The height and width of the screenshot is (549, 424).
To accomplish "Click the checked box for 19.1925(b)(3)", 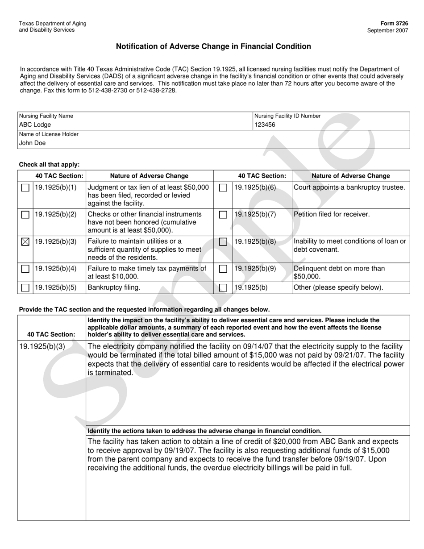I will pyautogui.click(x=25, y=241).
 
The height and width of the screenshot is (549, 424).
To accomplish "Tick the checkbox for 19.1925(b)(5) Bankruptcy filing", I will pyautogui.click(x=25, y=287).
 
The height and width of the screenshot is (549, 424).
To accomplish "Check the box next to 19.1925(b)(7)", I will pyautogui.click(x=223, y=215).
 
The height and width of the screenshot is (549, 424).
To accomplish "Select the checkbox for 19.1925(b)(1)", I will pyautogui.click(x=25, y=188).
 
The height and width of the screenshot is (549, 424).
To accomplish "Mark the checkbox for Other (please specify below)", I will pyautogui.click(x=223, y=287).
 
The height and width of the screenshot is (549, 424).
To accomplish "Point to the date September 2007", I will pyautogui.click(x=387, y=30).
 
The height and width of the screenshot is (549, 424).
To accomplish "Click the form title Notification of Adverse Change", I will pyautogui.click(x=213, y=46).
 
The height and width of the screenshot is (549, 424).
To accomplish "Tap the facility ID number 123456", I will pyautogui.click(x=265, y=125).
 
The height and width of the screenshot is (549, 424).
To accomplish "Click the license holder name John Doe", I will pyautogui.click(x=32, y=143).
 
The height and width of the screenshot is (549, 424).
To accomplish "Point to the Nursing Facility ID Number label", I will pyautogui.click(x=287, y=116).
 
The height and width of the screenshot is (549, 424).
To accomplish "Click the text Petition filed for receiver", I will pyautogui.click(x=332, y=214).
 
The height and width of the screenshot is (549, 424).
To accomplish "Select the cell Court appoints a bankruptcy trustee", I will pyautogui.click(x=349, y=187).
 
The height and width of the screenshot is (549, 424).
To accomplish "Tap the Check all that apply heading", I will pyautogui.click(x=49, y=164).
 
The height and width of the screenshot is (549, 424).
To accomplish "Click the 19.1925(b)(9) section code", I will pyautogui.click(x=255, y=268).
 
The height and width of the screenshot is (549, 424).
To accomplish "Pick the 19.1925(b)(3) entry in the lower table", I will pyautogui.click(x=43, y=346).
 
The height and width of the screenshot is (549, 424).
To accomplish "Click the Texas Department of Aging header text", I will pyautogui.click(x=53, y=24).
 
